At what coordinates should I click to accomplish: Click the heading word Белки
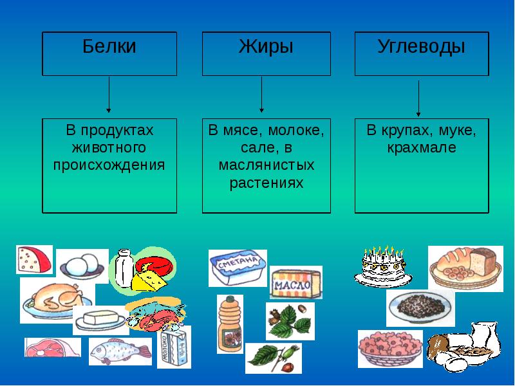(109, 47)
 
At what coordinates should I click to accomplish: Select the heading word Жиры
(266, 47)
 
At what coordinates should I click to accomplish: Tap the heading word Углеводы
(422, 47)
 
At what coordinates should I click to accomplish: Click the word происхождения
(109, 165)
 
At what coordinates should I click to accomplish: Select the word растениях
(266, 183)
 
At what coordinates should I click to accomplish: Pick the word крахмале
(422, 147)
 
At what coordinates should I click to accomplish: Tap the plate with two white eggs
(83, 264)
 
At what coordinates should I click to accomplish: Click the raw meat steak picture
(51, 347)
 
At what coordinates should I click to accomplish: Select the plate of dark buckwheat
(420, 306)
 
